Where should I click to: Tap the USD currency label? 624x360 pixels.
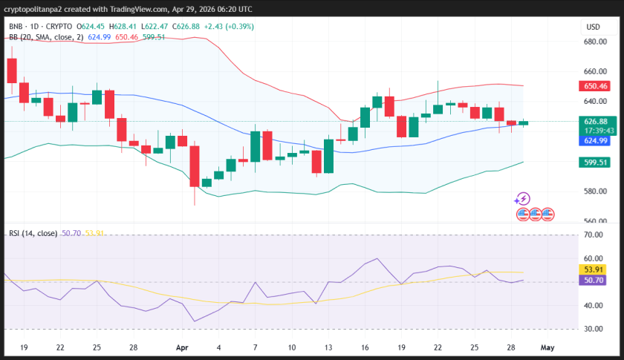coord(593,27)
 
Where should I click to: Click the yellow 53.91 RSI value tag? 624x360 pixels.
coord(596,269)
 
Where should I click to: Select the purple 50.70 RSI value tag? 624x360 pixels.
coord(596,281)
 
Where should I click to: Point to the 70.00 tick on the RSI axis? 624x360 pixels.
coord(594,235)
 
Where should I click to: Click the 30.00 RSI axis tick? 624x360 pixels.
coord(594,329)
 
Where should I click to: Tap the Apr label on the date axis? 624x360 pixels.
coord(182,346)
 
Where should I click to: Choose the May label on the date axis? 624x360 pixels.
coord(547,346)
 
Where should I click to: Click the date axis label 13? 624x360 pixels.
coord(328,346)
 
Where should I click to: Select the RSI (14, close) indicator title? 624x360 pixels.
coord(33,233)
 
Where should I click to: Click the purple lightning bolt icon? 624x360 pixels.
coord(522,198)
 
